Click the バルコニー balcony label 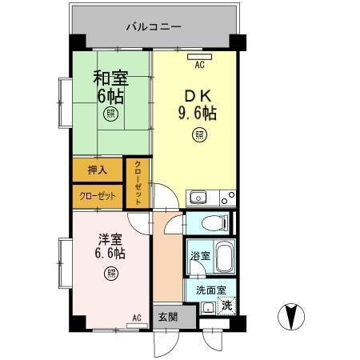154,26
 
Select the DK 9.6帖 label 198,103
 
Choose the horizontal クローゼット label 98,195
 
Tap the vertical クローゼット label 138,185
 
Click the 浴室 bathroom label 200,256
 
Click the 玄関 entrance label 163,314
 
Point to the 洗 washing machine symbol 227,305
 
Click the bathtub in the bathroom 224,258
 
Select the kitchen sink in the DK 196,198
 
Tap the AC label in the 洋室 136,318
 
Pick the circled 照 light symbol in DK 198,135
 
